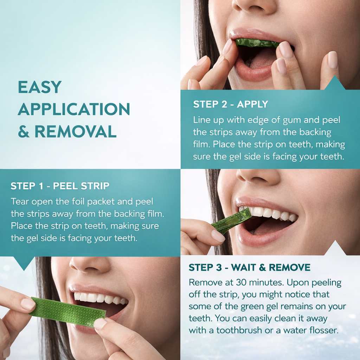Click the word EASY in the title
[40, 87]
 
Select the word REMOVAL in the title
[76, 131]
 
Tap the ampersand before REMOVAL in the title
[24, 131]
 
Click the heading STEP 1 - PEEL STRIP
[60, 186]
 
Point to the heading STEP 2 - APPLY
[231, 104]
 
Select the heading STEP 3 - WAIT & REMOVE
[250, 268]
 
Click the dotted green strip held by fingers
[68, 311]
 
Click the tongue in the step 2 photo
[262, 60]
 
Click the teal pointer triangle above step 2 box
[335, 83]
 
